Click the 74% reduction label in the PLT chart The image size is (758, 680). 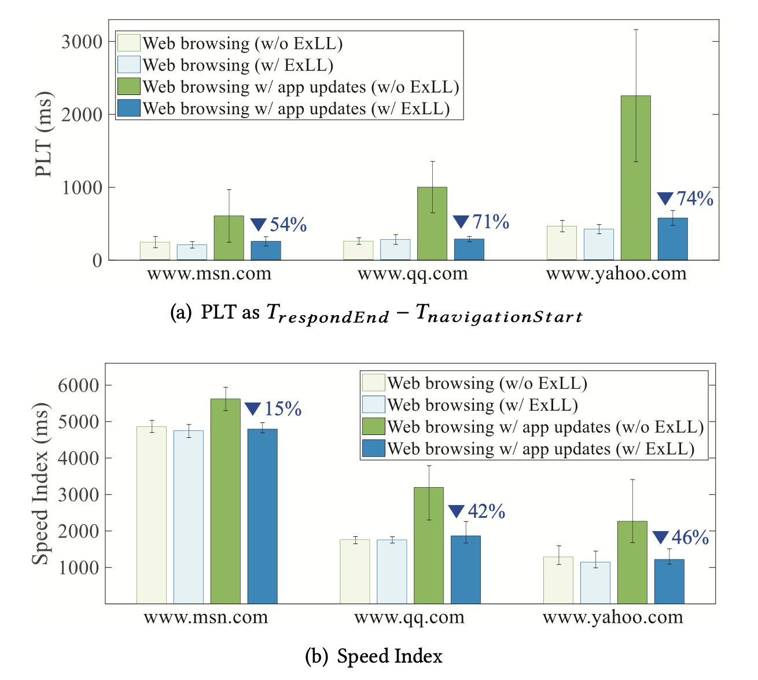coord(686,199)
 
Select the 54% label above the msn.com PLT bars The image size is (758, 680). coord(279,225)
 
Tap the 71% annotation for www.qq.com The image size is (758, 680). coord(481,222)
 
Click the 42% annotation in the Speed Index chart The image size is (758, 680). coord(477,511)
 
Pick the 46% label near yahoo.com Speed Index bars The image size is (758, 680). coord(681,538)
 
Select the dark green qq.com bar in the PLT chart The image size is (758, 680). coord(432,224)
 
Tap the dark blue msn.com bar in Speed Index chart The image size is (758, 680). coord(262,516)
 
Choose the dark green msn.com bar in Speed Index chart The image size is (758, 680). coord(225,501)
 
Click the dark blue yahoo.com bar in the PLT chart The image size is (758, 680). coord(672,239)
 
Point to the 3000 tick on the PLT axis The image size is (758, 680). coord(82,42)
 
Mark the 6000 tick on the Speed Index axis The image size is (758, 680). coord(78,385)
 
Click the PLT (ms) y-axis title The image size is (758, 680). coord(44,134)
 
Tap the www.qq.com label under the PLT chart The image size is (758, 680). coord(413,274)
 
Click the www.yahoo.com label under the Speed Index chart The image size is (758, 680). coord(612,617)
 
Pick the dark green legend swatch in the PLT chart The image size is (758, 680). coord(128,87)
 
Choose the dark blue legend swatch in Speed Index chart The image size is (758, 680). coord(373,448)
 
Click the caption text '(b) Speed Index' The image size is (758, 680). coord(374,656)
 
